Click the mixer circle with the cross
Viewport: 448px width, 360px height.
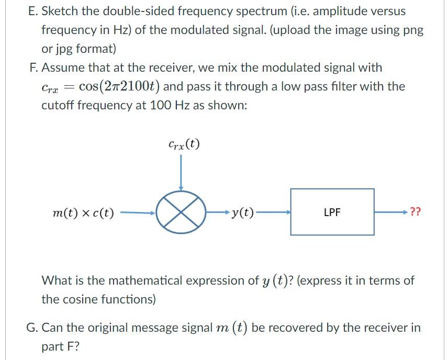tap(181, 212)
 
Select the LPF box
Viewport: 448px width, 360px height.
tap(332, 212)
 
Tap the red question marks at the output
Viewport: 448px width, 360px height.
tap(415, 212)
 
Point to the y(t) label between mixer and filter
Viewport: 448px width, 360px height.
tap(242, 212)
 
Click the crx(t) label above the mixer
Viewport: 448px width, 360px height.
tap(184, 143)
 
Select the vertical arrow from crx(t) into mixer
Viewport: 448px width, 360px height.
tap(181, 173)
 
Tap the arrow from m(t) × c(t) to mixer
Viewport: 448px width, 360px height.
tap(137, 212)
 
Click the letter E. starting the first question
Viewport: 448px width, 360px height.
tap(32, 10)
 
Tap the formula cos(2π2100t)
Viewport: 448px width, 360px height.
tap(119, 86)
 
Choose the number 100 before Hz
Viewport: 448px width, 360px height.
tap(160, 105)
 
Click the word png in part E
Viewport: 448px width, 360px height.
tap(412, 30)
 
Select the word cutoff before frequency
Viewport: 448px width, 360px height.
tap(58, 105)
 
